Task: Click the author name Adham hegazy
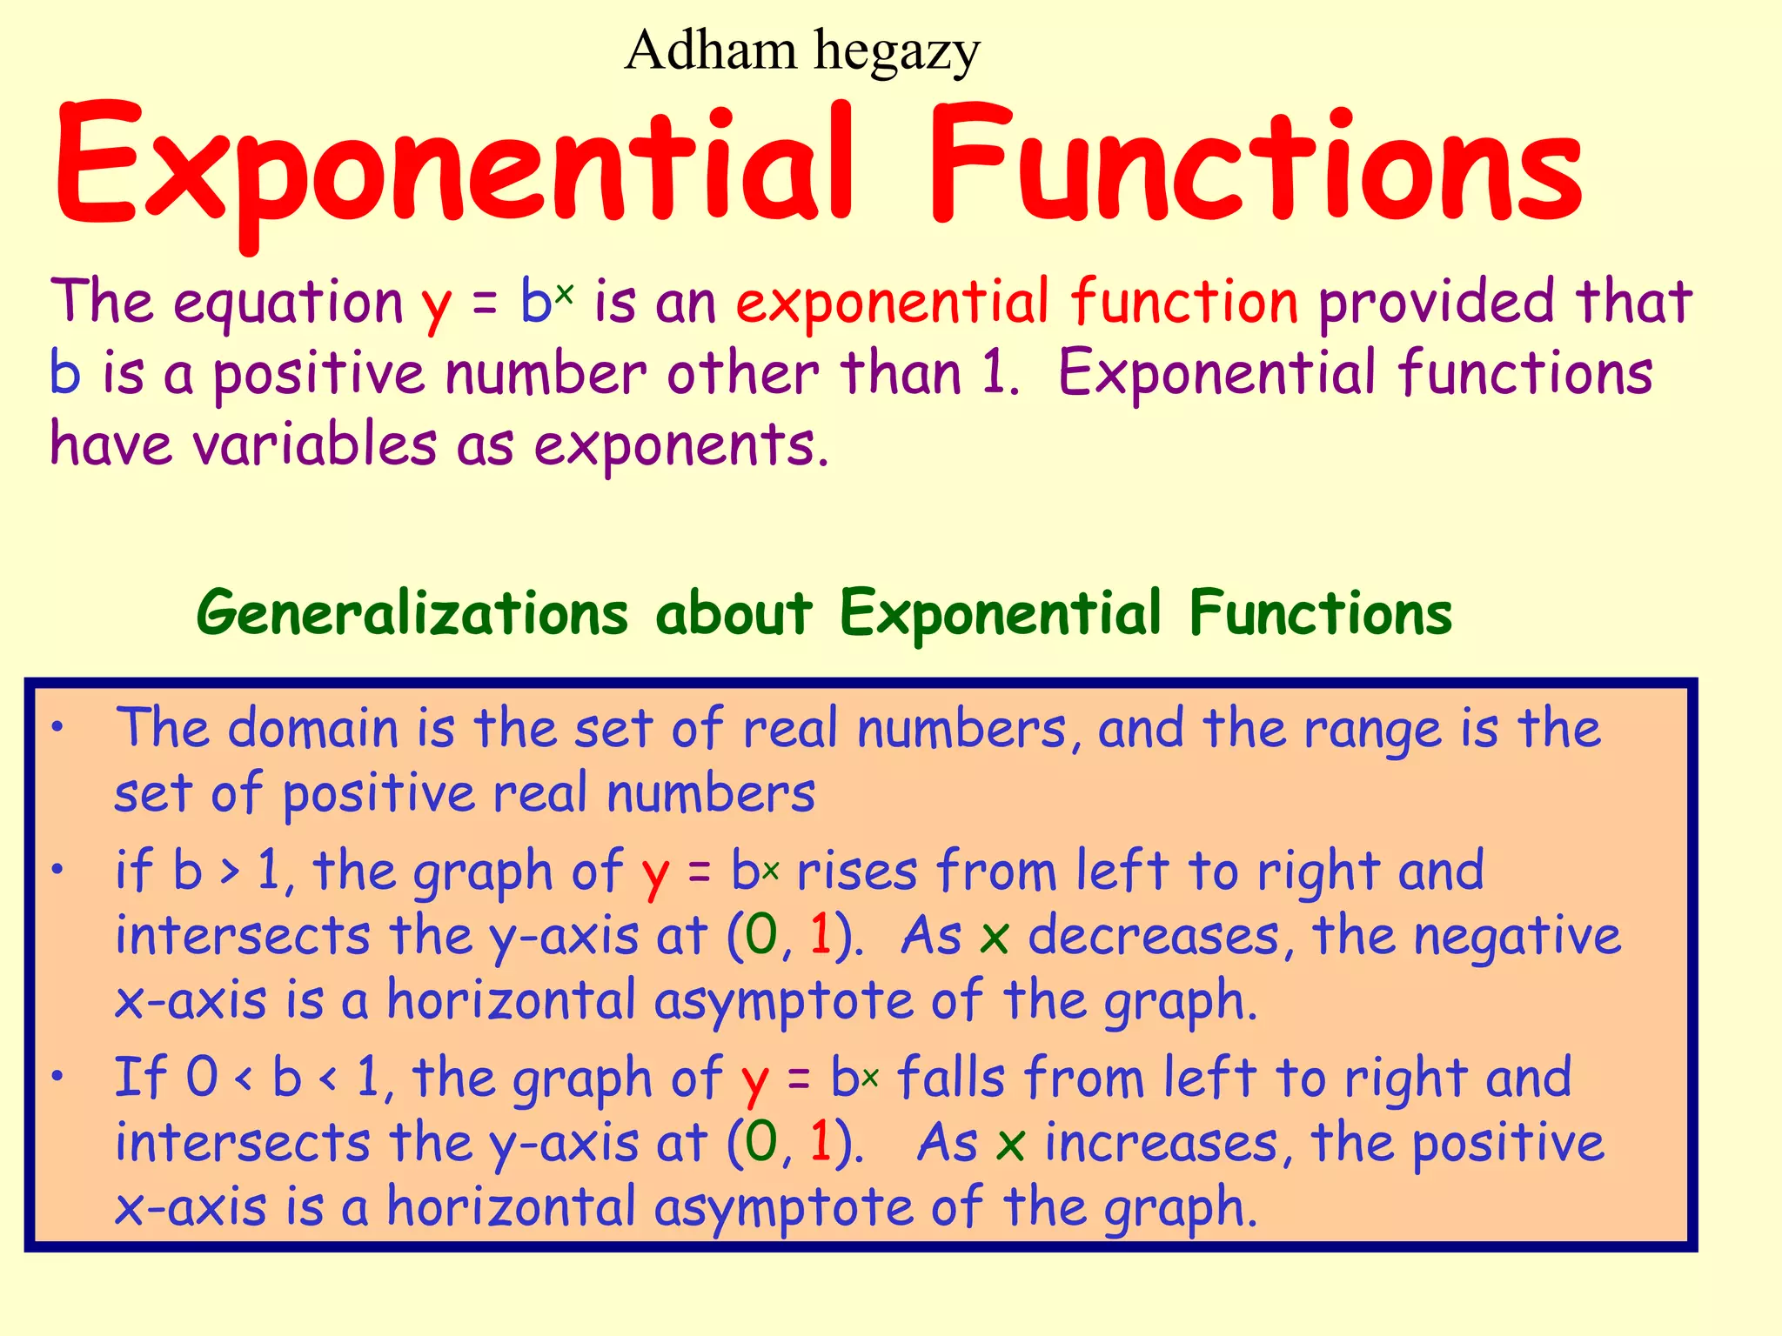pyautogui.click(x=801, y=50)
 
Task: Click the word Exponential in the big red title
pyautogui.click(x=452, y=165)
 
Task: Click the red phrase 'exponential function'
pyautogui.click(x=1017, y=302)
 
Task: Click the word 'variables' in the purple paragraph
pyautogui.click(x=314, y=445)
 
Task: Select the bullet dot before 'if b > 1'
pyautogui.click(x=57, y=869)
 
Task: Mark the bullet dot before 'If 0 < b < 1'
pyautogui.click(x=57, y=1077)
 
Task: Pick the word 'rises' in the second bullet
pyautogui.click(x=857, y=872)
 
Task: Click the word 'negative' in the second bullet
pyautogui.click(x=1517, y=938)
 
